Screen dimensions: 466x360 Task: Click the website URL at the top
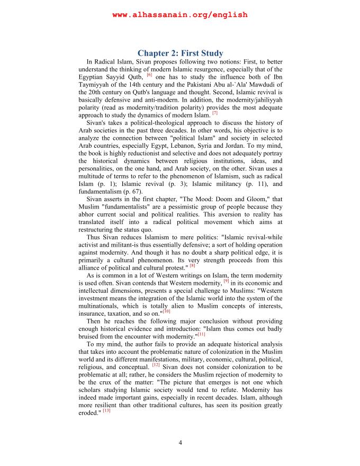[x=180, y=15]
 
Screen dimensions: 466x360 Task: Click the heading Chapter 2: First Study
[x=180, y=53]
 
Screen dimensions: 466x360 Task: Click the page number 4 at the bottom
[x=180, y=443]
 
